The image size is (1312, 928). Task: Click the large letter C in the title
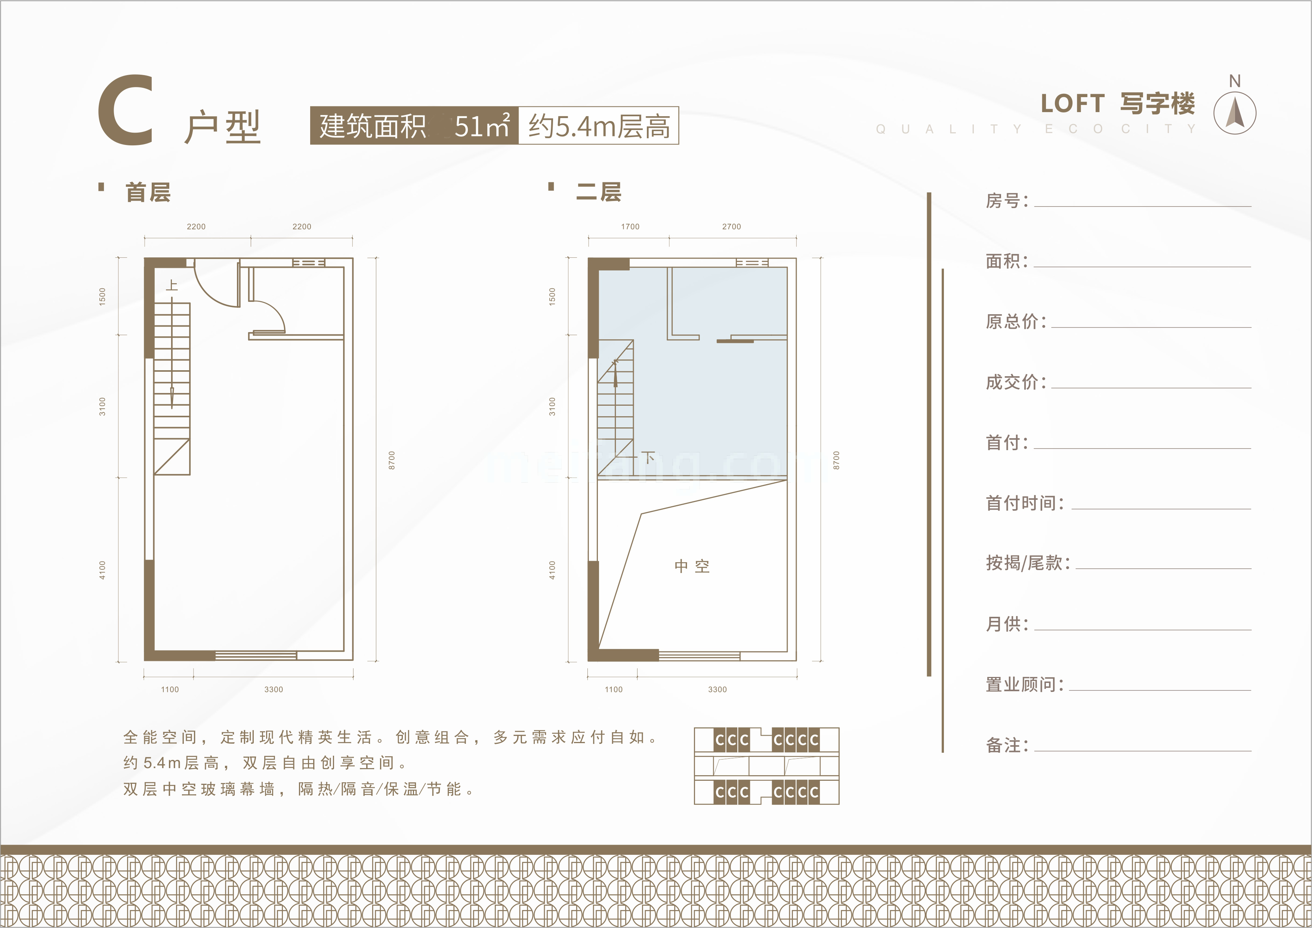[126, 110]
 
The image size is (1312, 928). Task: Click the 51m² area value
[481, 126]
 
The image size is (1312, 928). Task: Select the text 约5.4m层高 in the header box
[599, 126]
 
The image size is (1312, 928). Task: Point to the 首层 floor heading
[148, 192]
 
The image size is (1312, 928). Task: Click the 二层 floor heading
[598, 192]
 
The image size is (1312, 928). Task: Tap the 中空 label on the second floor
[692, 566]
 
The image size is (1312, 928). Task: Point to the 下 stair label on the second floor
[648, 457]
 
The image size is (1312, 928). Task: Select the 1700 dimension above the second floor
[630, 227]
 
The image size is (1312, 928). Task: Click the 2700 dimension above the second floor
[731, 227]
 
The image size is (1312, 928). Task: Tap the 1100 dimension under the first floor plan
[170, 690]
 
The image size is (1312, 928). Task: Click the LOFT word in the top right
[1072, 104]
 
